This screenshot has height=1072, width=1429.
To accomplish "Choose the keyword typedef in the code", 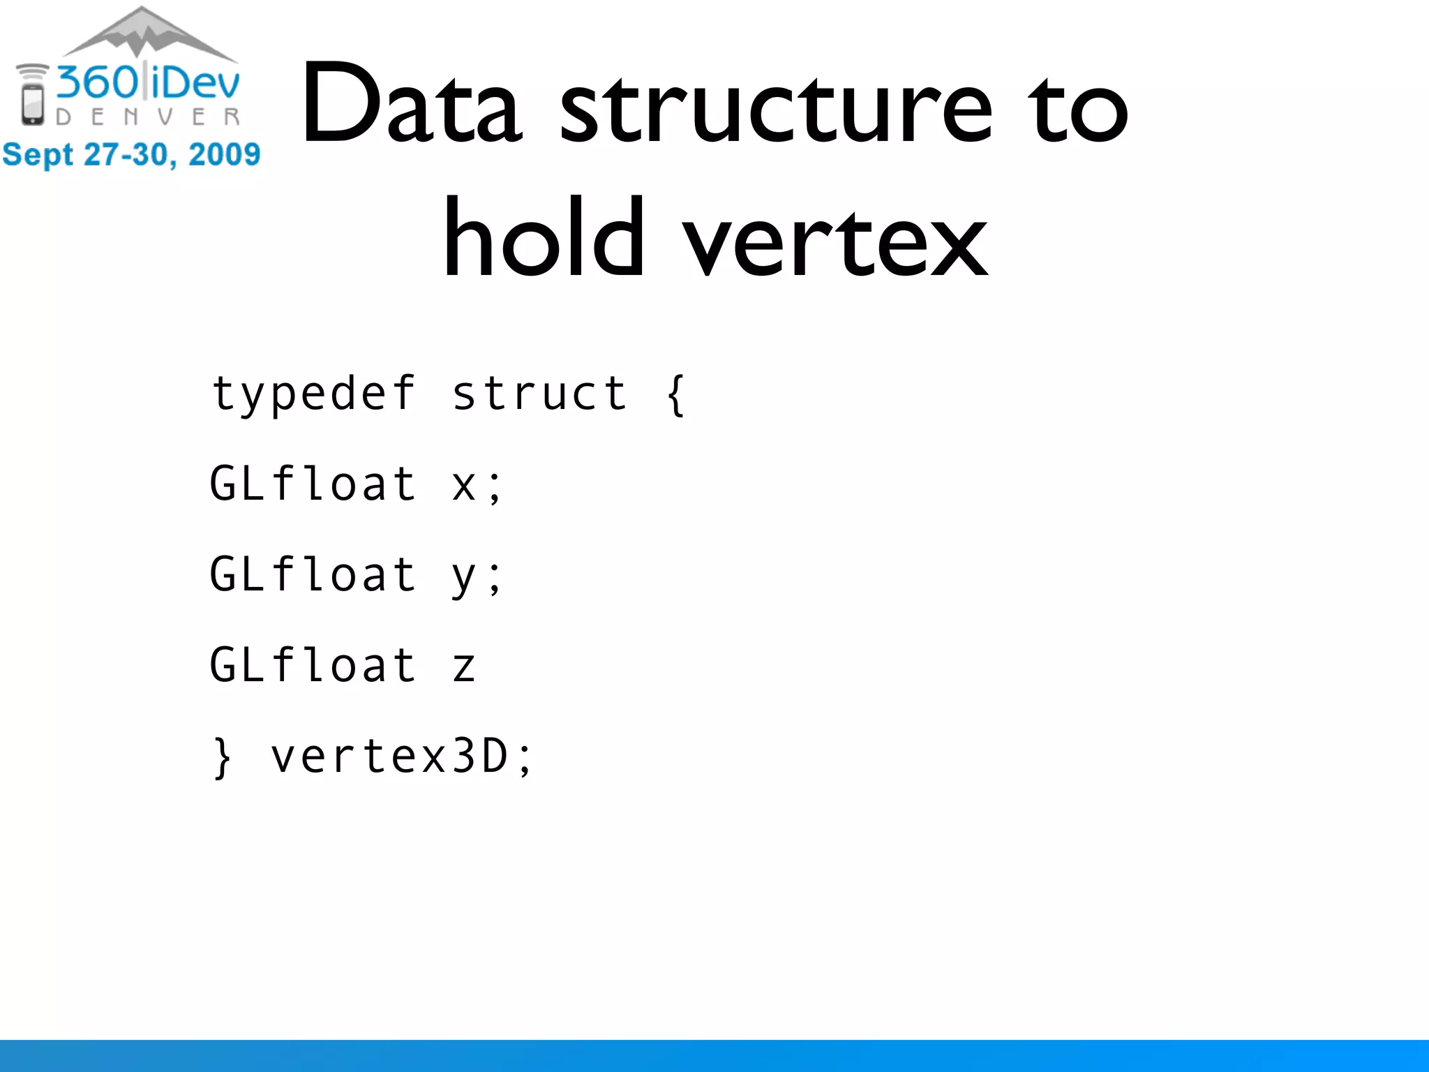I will tap(313, 394).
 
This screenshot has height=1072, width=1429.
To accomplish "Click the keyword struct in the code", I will tap(539, 394).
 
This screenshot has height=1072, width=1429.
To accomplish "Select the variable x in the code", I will tap(463, 485).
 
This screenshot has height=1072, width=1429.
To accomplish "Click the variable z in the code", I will tap(463, 667).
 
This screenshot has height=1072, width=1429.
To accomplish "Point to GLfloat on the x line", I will tap(313, 484).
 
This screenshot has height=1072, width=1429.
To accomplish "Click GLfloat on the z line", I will tap(313, 664).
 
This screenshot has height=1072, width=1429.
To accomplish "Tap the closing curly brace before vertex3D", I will tap(223, 758).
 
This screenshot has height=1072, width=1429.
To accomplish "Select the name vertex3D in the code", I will tap(389, 757).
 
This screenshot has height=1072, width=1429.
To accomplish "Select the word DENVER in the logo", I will tap(148, 117).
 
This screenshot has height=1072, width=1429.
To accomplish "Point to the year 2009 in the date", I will tap(224, 154).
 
